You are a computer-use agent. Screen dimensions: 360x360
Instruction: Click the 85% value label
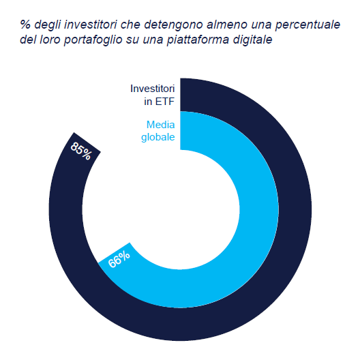click(81, 150)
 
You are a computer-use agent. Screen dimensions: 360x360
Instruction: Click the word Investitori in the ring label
click(153, 89)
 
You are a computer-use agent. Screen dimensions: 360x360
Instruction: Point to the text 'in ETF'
click(161, 102)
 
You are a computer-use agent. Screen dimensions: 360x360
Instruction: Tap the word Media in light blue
click(161, 124)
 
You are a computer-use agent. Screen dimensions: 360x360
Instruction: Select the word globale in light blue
click(158, 137)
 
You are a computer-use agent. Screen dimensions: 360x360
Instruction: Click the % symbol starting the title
click(25, 25)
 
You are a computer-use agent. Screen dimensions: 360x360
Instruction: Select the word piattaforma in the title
click(195, 40)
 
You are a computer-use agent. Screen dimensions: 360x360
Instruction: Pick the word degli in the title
click(48, 25)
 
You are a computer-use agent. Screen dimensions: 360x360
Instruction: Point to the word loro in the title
click(51, 40)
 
